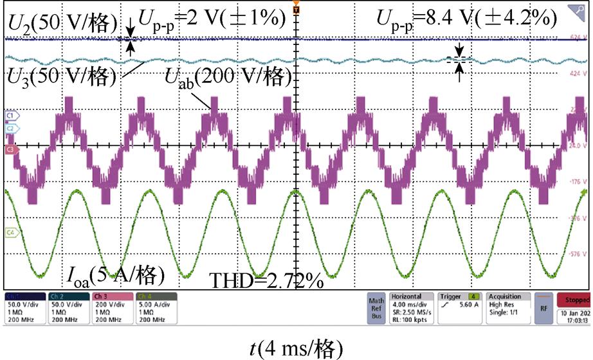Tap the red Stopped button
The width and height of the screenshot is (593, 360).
(576, 300)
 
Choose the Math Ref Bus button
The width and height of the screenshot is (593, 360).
(376, 309)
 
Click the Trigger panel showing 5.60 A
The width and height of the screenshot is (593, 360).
(459, 308)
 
